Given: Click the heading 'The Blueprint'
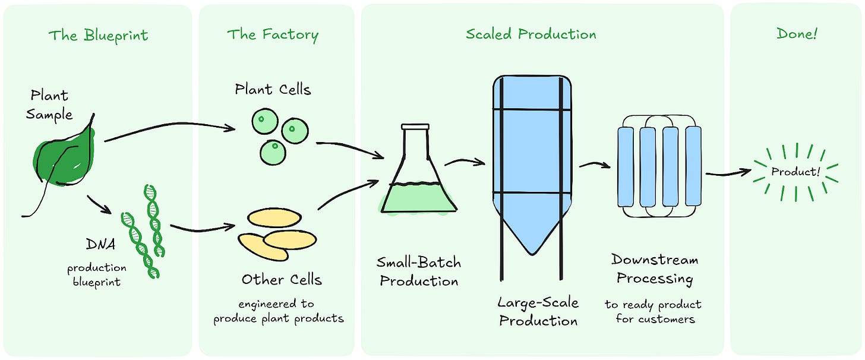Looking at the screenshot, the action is coord(99,36).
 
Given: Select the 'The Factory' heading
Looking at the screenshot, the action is coord(273,35).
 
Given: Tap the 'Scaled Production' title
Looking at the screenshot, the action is coord(531,34).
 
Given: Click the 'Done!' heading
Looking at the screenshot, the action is coord(797,34).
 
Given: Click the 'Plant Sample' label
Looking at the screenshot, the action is coord(49,105).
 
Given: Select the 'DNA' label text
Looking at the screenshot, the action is coord(100,244).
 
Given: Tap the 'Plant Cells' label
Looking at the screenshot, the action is coord(273,89).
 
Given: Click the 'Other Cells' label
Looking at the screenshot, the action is coord(282,279).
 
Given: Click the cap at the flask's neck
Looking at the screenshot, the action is coord(415,127).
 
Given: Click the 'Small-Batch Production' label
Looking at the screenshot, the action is coord(419,271).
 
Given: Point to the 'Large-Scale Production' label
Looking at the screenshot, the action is coord(538,311).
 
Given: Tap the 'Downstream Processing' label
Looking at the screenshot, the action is coord(655,269).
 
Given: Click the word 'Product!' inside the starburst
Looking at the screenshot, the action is coord(795,172).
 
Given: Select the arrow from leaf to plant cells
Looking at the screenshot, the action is coord(170,125).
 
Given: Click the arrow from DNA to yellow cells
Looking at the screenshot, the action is coord(203,229).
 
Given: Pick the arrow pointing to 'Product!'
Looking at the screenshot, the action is coord(729,173).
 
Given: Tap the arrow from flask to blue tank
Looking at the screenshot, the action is coord(465,160).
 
